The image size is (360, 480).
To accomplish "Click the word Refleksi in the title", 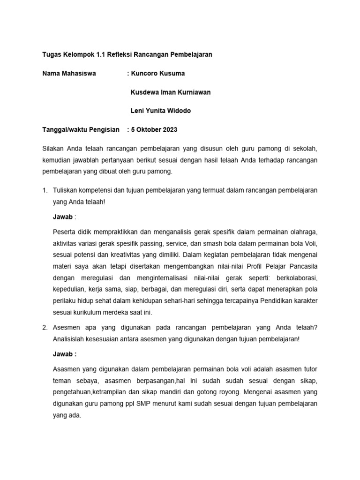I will pyautogui.click(x=121, y=54).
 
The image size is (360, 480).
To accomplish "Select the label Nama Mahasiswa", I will pyautogui.click(x=69, y=74).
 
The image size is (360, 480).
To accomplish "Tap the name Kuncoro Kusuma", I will pyautogui.click(x=157, y=74).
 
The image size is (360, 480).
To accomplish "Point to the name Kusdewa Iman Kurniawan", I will pyautogui.click(x=170, y=92).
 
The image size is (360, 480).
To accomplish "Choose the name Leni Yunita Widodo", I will pyautogui.click(x=160, y=111).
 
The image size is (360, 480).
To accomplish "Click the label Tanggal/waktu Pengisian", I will pyautogui.click(x=81, y=130).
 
